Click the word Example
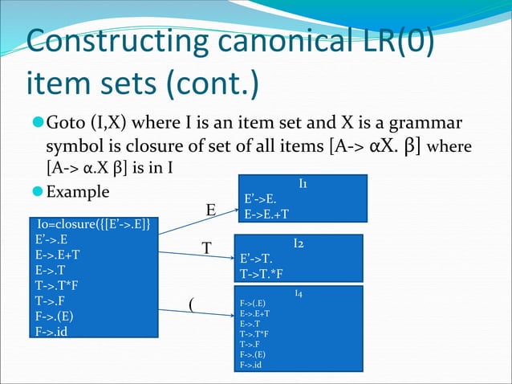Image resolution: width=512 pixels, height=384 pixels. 79,193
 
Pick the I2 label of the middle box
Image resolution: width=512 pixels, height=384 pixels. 298,243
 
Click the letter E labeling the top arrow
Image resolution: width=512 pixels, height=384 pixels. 211,210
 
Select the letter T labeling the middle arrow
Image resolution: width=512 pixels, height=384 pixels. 206,249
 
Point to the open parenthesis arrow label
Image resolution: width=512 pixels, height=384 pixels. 190,304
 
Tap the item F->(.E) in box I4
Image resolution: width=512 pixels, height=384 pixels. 254,304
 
